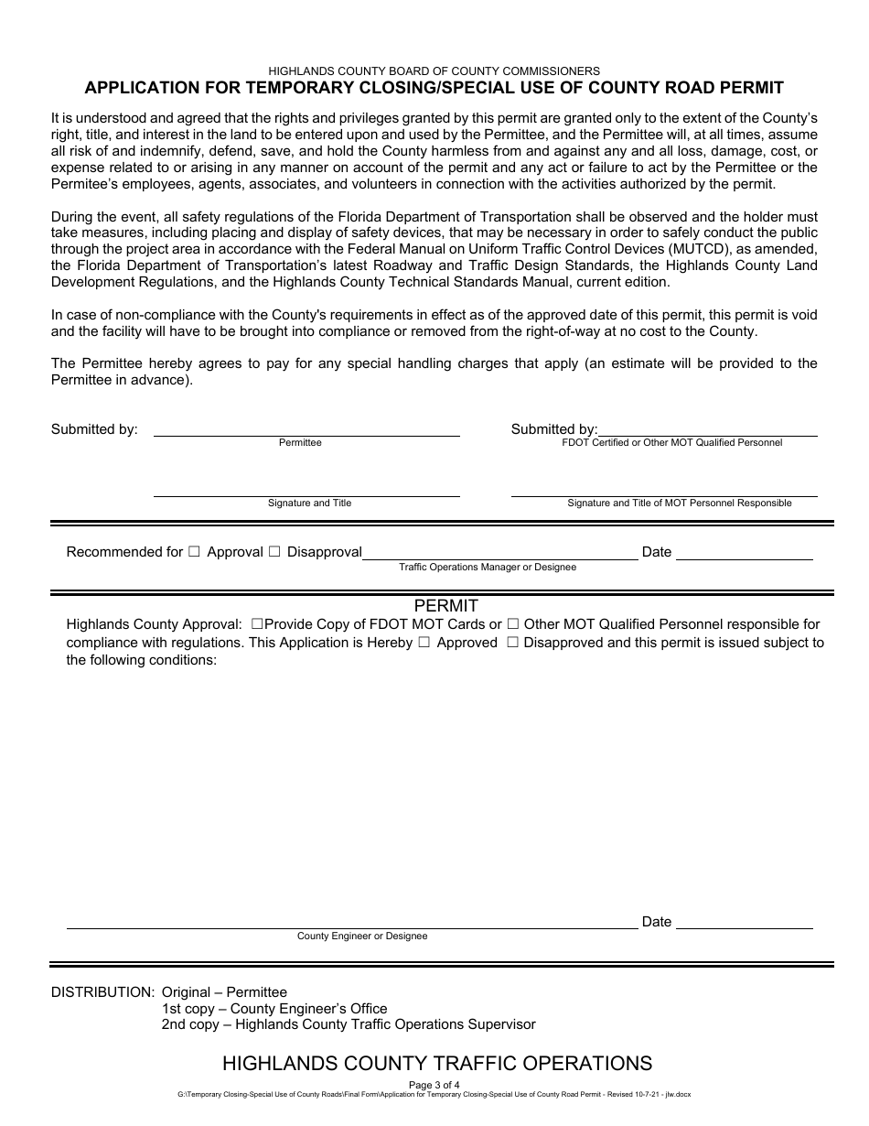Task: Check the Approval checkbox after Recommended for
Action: (x=194, y=552)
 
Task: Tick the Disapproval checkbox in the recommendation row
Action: (x=274, y=552)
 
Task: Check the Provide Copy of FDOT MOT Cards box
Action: (x=257, y=624)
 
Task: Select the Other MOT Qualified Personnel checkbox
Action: (x=513, y=624)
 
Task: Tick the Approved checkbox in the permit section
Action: (x=424, y=643)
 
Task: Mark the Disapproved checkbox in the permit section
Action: (x=512, y=643)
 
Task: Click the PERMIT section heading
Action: (x=445, y=606)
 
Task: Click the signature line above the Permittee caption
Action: (x=306, y=435)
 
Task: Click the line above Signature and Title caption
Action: (x=306, y=495)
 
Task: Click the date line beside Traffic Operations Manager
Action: (x=744, y=558)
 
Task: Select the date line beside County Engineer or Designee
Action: (x=744, y=928)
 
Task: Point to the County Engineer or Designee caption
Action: (x=362, y=937)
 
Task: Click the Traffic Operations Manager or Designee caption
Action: (x=488, y=567)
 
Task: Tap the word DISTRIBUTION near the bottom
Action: (x=102, y=992)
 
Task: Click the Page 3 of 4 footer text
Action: (x=434, y=1086)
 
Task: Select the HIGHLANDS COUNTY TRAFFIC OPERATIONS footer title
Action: (x=437, y=1063)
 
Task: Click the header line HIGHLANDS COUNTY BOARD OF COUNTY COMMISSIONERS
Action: (x=434, y=70)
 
